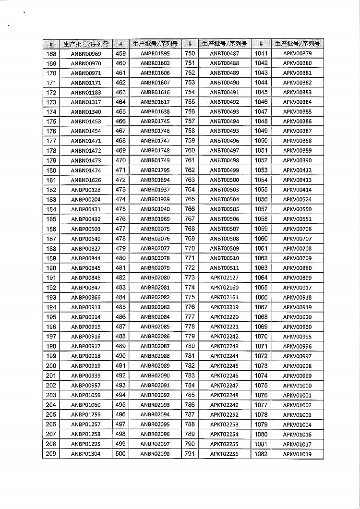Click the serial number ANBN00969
coord(86,54)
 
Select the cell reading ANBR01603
coord(155,63)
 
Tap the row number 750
coord(190,54)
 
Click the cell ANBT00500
coord(225,180)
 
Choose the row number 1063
coord(261,268)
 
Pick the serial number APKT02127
coord(225,278)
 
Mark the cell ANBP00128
coord(86,190)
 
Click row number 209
coord(51,453)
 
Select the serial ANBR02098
coord(155,453)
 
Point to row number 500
coord(120,453)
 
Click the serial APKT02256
coord(225,453)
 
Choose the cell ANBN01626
coord(86,180)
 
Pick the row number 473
coord(120,190)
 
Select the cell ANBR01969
coord(155,219)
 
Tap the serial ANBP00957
coord(86,385)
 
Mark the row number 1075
coord(261,385)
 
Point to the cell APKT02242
coord(225,336)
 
